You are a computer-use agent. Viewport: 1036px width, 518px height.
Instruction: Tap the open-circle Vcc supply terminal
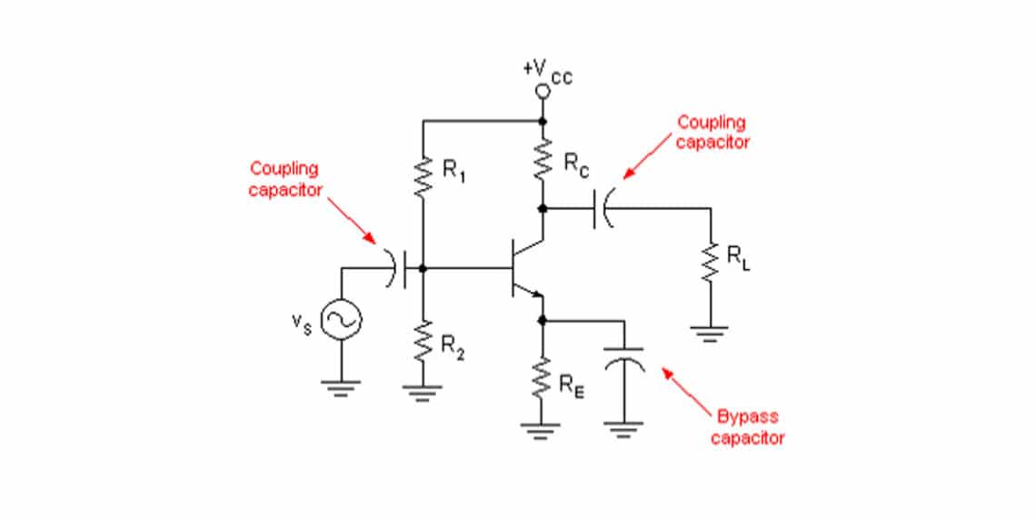543,92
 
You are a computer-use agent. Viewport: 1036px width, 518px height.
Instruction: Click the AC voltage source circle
343,318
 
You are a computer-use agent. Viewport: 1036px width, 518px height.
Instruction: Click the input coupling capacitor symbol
400,268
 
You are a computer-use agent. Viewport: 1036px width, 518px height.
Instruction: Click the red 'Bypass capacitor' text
750,427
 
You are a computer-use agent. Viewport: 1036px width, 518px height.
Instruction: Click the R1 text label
454,169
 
